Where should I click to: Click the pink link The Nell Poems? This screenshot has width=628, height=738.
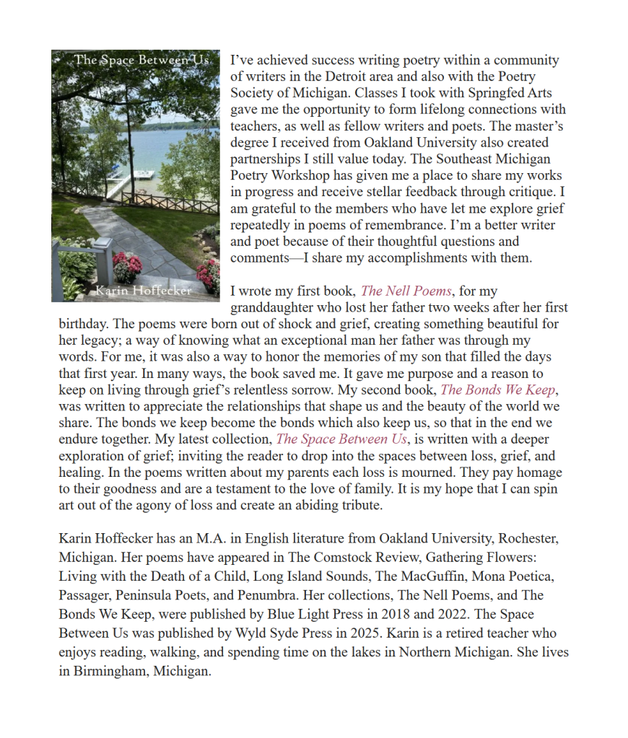pyautogui.click(x=406, y=291)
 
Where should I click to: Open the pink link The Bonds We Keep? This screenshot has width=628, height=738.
pyautogui.click(x=499, y=390)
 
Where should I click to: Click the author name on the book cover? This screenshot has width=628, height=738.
pyautogui.click(x=145, y=291)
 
